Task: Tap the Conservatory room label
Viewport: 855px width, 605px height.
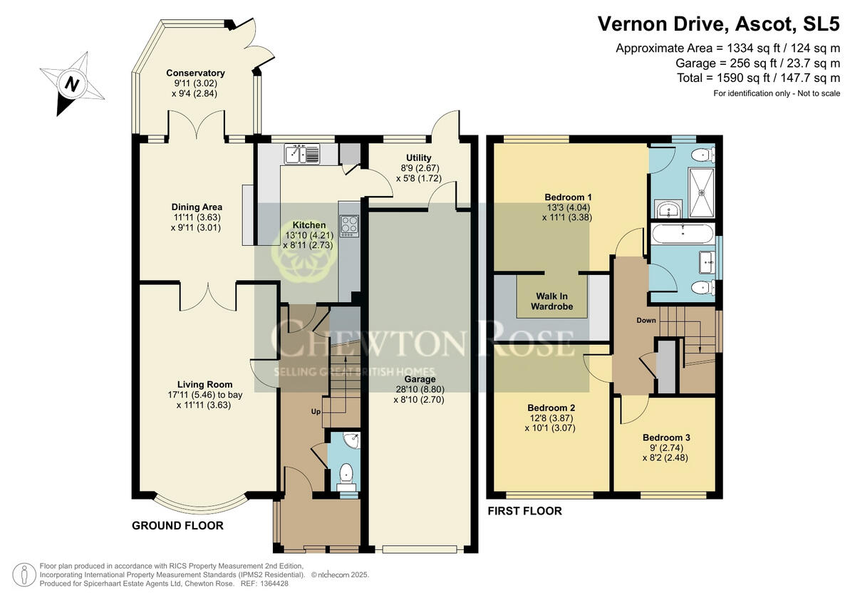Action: click(x=195, y=73)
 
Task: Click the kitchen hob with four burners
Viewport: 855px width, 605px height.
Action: click(x=349, y=226)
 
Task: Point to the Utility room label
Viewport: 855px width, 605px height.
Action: click(x=418, y=157)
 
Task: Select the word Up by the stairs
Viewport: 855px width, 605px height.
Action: click(x=316, y=413)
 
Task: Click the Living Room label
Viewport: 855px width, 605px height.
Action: click(x=205, y=385)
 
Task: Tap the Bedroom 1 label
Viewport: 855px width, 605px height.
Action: click(x=568, y=197)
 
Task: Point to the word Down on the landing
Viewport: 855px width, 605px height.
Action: click(x=646, y=320)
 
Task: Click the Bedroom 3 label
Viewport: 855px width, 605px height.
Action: click(x=666, y=438)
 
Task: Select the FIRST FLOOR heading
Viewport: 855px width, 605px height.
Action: click(x=524, y=511)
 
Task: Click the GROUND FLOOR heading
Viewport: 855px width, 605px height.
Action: click(x=178, y=526)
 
